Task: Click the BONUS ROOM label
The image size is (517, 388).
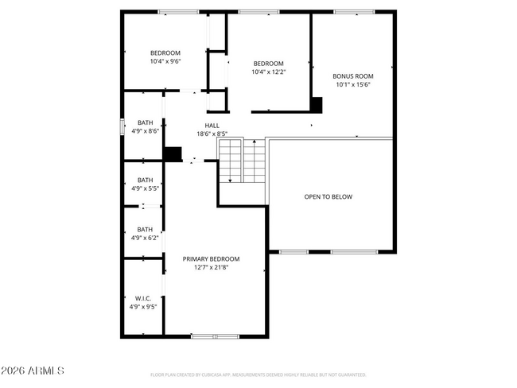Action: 352,76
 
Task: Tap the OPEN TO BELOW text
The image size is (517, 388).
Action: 328,196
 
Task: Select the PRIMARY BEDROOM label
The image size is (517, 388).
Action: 211,258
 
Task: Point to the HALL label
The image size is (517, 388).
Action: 212,126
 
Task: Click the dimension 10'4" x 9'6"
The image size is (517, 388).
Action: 165,61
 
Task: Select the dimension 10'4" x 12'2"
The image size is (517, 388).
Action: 268,72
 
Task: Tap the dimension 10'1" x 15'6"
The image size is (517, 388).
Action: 352,84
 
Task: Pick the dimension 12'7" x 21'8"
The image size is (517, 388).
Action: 211,267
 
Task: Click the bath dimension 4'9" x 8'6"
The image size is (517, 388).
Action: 146,130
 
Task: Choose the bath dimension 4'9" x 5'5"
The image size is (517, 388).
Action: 145,188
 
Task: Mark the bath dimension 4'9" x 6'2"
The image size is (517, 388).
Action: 145,237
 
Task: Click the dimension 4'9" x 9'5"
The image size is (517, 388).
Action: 143,306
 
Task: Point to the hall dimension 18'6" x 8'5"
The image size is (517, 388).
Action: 212,134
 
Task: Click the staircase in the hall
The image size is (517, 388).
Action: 242,161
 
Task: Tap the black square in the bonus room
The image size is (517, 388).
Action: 317,105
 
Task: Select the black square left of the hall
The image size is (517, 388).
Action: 172,153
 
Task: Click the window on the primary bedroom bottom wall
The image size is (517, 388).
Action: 215,336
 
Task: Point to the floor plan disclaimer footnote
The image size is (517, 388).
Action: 258,374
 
